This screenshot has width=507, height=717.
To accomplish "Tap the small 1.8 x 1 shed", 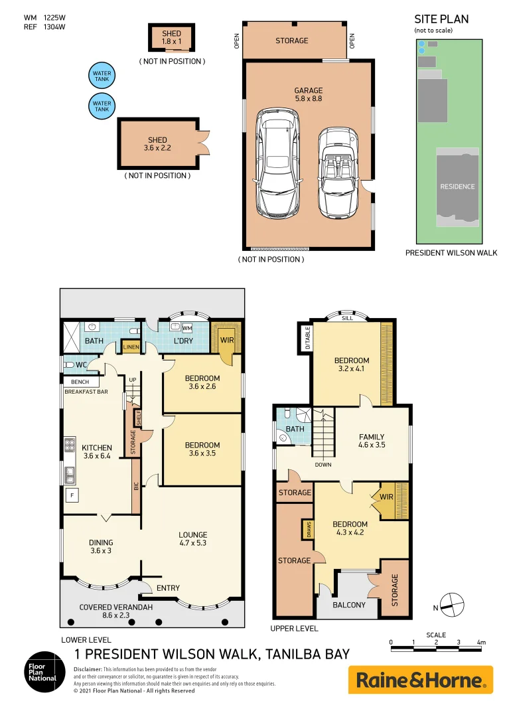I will pyautogui.click(x=167, y=37).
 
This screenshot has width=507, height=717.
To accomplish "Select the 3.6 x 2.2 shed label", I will pyautogui.click(x=157, y=144).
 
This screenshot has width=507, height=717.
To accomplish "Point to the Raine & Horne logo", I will pyautogui.click(x=421, y=679).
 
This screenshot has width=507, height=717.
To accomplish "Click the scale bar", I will pyautogui.click(x=436, y=642).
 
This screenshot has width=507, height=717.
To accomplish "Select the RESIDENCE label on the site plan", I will pyautogui.click(x=457, y=187).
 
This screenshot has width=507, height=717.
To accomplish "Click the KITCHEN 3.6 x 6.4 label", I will pyautogui.click(x=98, y=451).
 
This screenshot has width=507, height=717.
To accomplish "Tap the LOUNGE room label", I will pyautogui.click(x=192, y=538).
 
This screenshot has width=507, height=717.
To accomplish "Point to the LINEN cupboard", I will pyautogui.click(x=131, y=348).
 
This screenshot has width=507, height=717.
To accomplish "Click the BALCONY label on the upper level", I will pyautogui.click(x=348, y=605).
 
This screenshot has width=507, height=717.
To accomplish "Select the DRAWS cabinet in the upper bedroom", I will pyautogui.click(x=308, y=530).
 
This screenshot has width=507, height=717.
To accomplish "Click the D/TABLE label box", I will pyautogui.click(x=307, y=338).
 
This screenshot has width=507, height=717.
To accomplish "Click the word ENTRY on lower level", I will pyautogui.click(x=168, y=588).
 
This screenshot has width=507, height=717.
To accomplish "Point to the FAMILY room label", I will pyautogui.click(x=372, y=441).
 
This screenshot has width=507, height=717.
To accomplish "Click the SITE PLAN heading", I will pyautogui.click(x=441, y=19).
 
